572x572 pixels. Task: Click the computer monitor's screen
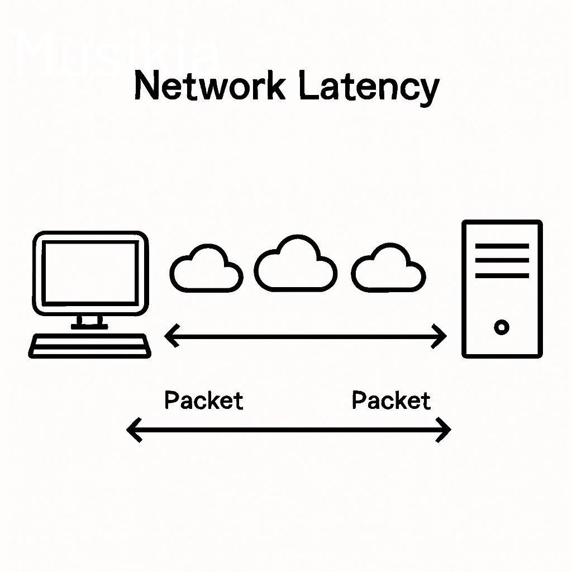tap(90, 273)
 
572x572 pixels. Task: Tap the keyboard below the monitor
tap(89, 345)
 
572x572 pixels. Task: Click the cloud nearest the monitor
tap(206, 269)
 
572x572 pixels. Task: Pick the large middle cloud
tap(295, 265)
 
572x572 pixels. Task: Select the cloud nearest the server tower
tap(388, 269)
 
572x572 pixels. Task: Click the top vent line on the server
tap(502, 246)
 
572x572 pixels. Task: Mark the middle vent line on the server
tap(502, 260)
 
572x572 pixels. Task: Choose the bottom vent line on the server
tap(502, 275)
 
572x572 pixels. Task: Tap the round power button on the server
tap(502, 327)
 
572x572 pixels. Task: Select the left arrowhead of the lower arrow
tap(133, 430)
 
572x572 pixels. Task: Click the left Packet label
tap(204, 401)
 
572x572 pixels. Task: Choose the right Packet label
tap(391, 401)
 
